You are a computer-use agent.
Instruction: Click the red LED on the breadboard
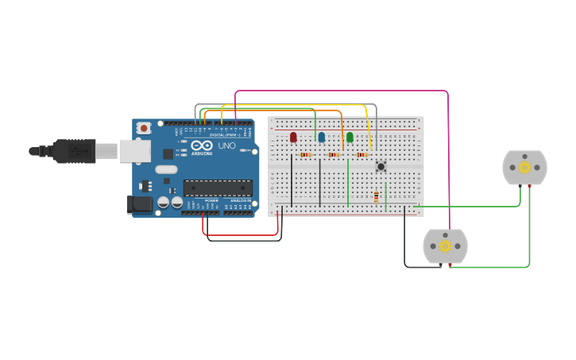293,137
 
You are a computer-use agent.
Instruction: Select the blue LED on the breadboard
322,137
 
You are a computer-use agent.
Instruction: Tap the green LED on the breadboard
350,137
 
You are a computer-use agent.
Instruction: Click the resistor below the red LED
306,154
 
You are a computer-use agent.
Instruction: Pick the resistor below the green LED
362,154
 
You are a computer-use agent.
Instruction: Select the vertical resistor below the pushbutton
376,196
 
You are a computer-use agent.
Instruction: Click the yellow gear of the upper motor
524,167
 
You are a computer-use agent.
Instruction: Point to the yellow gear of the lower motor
445,246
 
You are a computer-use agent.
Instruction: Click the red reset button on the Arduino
144,127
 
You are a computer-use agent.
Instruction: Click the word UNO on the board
227,145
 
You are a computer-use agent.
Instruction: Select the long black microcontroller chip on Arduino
218,188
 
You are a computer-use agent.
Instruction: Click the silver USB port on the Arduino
134,151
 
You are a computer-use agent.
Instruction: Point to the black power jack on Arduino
140,204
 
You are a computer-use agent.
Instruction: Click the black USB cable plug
75,151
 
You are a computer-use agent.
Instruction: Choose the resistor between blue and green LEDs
334,154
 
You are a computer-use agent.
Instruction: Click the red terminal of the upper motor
529,186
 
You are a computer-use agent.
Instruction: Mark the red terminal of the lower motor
450,265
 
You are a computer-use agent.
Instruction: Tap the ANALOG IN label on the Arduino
239,200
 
